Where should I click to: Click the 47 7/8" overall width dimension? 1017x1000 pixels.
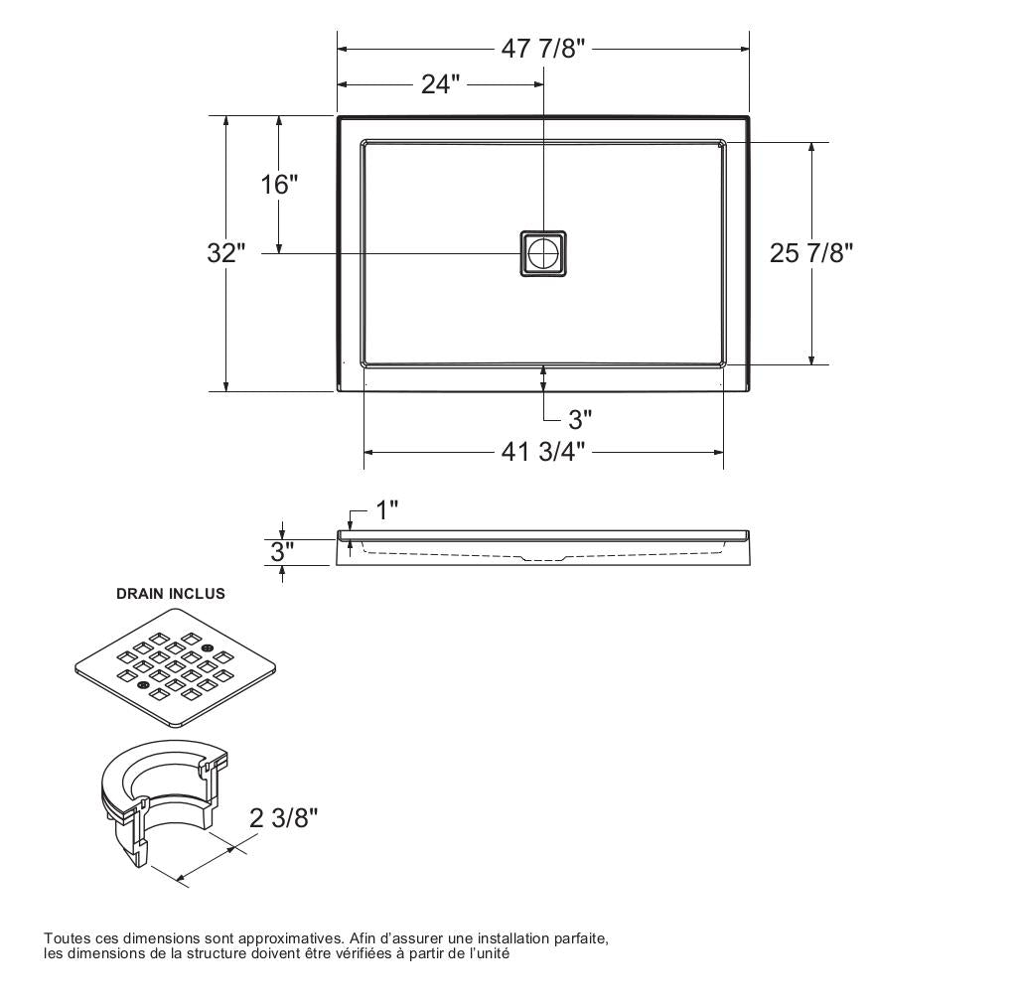543,49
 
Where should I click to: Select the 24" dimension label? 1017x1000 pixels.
440,85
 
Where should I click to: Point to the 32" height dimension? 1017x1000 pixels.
225,253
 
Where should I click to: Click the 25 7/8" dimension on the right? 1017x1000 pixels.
811,253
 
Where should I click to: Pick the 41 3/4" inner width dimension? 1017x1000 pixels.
543,453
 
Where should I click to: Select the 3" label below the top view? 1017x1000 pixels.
580,418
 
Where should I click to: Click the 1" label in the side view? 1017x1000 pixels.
387,510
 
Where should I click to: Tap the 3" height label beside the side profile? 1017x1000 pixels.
283,552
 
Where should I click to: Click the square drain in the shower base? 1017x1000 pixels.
543,253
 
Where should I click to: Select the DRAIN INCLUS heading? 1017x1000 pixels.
171,594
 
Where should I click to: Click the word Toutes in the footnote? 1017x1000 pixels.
67,938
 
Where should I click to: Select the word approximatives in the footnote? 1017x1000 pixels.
291,938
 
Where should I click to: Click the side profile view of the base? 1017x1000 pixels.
543,547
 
